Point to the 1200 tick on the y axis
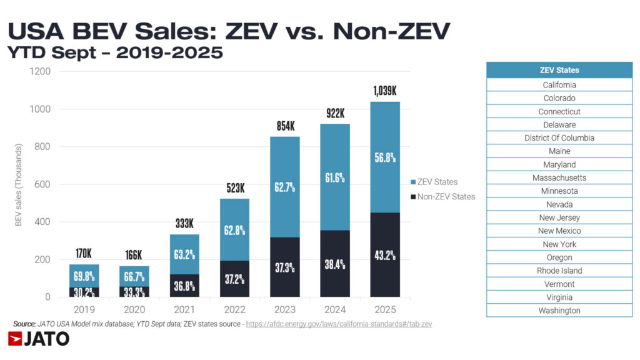(x=39, y=72)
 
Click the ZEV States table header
(x=559, y=70)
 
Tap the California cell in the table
(x=559, y=85)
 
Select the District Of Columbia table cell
(x=559, y=138)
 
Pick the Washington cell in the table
(x=559, y=311)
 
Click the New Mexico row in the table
(x=559, y=231)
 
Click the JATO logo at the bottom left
(x=39, y=339)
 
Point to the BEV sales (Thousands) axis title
(x=19, y=185)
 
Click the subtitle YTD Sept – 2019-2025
(x=115, y=54)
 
